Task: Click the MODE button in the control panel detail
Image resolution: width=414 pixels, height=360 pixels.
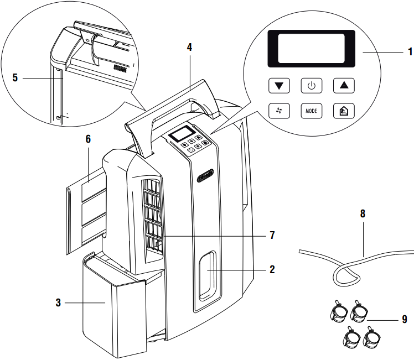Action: click(312, 111)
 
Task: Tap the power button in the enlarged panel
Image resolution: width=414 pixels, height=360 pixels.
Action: click(312, 86)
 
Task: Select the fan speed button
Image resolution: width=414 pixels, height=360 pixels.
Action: click(279, 111)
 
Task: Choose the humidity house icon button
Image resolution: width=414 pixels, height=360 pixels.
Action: click(344, 111)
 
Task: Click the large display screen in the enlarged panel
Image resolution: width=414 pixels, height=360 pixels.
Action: click(311, 49)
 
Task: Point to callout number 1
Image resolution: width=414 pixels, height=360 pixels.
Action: click(410, 51)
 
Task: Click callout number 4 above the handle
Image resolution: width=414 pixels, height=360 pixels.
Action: click(189, 47)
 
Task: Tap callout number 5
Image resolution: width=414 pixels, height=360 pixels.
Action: click(15, 77)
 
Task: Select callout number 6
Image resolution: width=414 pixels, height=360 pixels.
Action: click(88, 139)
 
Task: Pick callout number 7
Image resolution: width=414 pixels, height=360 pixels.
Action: click(272, 235)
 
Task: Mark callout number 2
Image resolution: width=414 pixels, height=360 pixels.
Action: click(272, 269)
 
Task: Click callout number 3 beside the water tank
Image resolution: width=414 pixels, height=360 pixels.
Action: click(58, 302)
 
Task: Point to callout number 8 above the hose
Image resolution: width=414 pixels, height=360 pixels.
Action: click(363, 213)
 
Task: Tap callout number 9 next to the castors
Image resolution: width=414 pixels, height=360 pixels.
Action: click(405, 320)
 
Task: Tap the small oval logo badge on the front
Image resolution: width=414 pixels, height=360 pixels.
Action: click(205, 176)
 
